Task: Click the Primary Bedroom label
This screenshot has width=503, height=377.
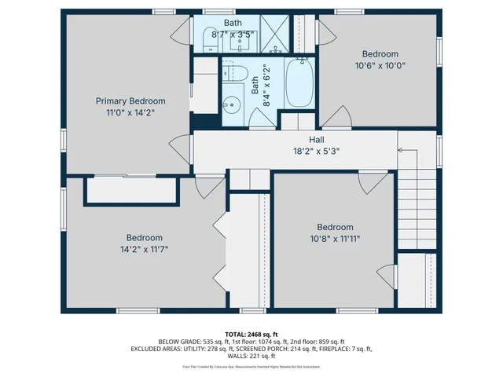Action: click(x=130, y=101)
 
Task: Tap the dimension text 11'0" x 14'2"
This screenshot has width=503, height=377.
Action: click(x=130, y=112)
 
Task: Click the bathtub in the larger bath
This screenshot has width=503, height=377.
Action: click(x=299, y=84)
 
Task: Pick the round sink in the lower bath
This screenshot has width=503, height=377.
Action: click(x=230, y=103)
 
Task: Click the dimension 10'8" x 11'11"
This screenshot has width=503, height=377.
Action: click(x=335, y=239)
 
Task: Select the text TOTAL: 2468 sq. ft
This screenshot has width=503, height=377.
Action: click(x=251, y=334)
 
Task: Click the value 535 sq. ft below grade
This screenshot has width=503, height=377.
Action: click(x=216, y=342)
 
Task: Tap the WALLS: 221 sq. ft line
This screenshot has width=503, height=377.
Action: click(x=251, y=356)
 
